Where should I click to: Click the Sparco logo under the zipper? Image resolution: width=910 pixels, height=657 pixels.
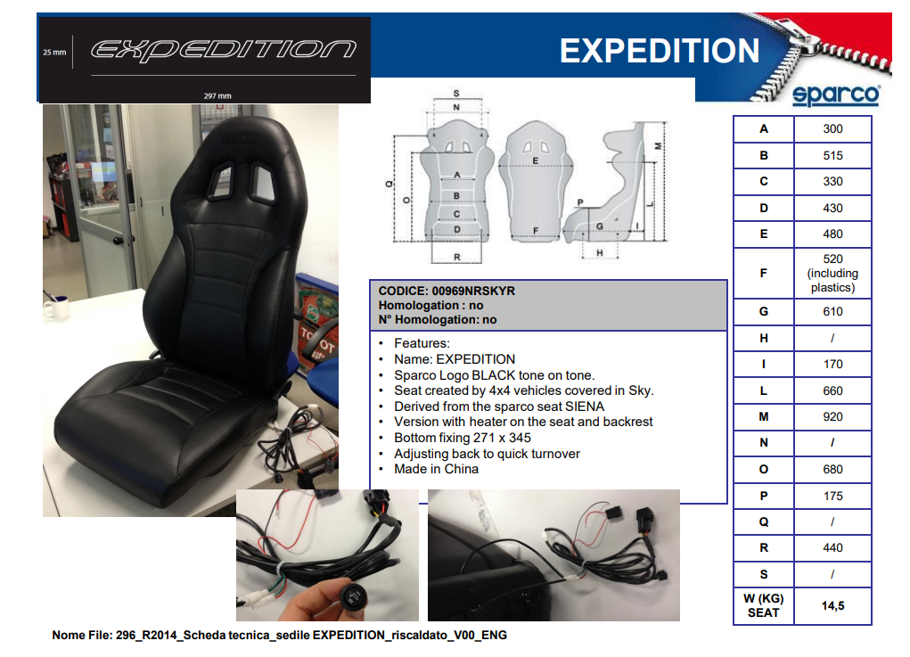[836, 95]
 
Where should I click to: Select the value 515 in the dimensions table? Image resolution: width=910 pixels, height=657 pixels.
[832, 155]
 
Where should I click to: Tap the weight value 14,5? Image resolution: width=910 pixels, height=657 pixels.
[832, 606]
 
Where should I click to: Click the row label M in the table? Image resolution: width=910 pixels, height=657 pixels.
[763, 416]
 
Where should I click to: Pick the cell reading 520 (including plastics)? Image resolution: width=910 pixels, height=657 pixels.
[832, 273]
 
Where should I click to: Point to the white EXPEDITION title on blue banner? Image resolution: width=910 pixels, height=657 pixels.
[660, 51]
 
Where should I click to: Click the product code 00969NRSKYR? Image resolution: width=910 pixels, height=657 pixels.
[473, 291]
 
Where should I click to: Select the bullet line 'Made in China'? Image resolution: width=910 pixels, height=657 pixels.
[436, 469]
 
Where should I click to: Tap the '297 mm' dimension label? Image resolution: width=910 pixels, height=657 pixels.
[217, 95]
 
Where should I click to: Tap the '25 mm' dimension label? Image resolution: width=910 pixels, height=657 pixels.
[54, 53]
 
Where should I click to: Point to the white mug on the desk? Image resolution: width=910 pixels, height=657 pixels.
[56, 308]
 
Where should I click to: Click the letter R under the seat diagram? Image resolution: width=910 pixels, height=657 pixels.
[456, 257]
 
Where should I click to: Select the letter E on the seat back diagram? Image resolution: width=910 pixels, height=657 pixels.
[535, 160]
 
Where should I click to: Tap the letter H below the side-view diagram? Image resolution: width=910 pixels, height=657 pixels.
[600, 253]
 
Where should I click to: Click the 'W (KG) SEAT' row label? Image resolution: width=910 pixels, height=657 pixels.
[763, 605]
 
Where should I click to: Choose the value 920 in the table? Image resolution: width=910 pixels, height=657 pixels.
[832, 416]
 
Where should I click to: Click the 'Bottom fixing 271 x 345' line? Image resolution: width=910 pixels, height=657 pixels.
[462, 438]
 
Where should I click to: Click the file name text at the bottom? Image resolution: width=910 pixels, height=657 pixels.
[279, 635]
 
